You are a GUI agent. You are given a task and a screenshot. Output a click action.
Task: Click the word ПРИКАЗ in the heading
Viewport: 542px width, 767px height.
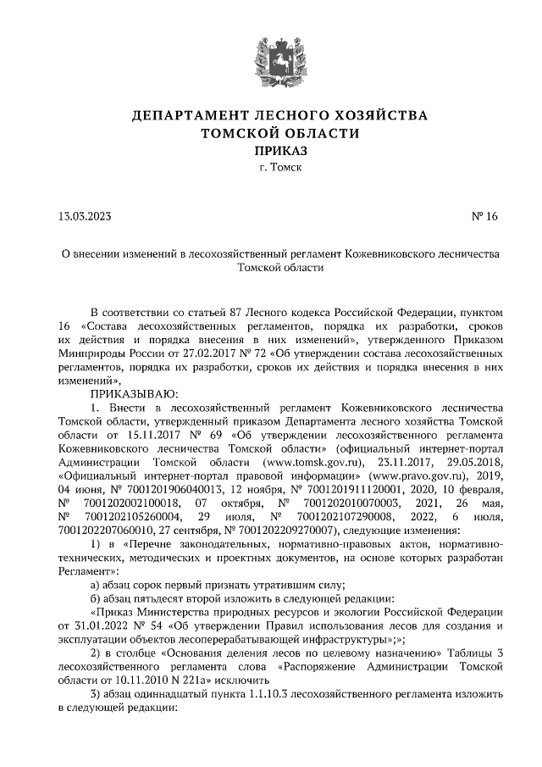(x=271, y=151)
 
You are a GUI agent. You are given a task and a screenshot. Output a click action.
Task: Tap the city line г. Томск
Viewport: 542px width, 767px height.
(x=271, y=168)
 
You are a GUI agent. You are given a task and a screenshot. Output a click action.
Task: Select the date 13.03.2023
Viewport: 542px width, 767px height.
(x=86, y=217)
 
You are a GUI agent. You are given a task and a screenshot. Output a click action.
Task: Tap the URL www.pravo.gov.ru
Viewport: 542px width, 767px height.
(x=397, y=475)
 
